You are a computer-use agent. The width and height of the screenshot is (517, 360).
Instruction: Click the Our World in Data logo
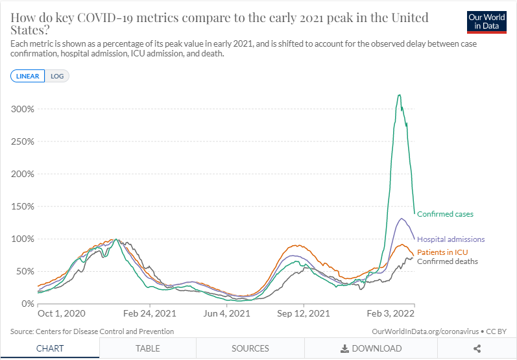[487, 21]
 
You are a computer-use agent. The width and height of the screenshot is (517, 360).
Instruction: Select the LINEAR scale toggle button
[27, 76]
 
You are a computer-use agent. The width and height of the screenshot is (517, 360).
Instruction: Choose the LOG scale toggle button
[58, 76]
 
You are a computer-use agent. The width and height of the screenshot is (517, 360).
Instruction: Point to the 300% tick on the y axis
[21, 109]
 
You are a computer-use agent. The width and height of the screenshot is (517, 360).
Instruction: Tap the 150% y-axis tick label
[21, 206]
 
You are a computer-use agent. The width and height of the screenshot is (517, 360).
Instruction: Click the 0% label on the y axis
[26, 304]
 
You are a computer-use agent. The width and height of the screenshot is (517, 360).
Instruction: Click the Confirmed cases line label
[445, 214]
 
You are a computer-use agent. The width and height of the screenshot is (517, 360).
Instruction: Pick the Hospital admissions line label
[451, 239]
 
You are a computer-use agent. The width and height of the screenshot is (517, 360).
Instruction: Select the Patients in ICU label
[442, 252]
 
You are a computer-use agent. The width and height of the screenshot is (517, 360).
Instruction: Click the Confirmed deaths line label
[448, 261]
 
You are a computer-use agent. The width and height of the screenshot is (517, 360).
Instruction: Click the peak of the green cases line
[399, 95]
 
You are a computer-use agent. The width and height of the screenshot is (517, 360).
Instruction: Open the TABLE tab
[148, 348]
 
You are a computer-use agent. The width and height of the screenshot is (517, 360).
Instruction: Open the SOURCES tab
[250, 348]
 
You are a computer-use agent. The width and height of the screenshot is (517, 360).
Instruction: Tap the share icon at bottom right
[477, 348]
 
